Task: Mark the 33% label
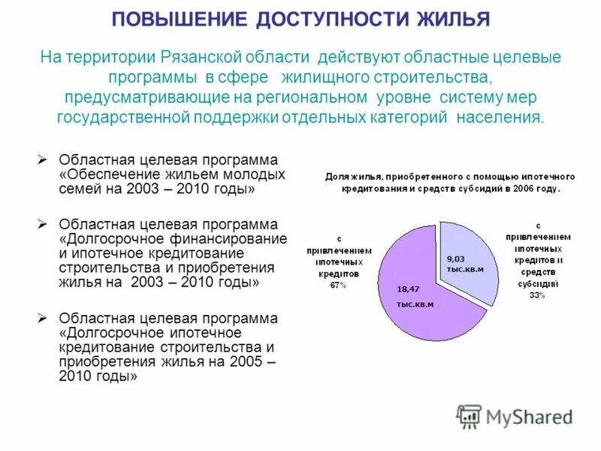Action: [536, 295]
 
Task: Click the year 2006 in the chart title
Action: [536, 189]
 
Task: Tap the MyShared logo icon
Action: [469, 416]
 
